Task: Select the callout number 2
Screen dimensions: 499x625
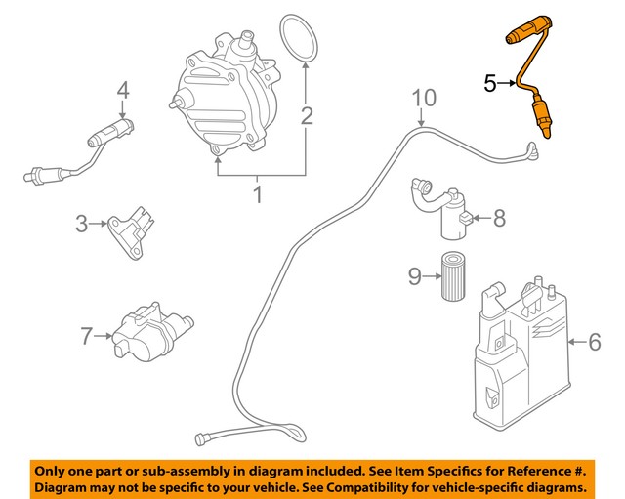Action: tap(307, 117)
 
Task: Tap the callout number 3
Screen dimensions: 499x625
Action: tap(82, 225)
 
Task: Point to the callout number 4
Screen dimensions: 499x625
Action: tap(123, 91)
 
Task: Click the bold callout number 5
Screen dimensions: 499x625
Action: tap(491, 84)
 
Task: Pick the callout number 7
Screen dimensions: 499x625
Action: tap(87, 337)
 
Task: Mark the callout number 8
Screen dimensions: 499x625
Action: tap(499, 218)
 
